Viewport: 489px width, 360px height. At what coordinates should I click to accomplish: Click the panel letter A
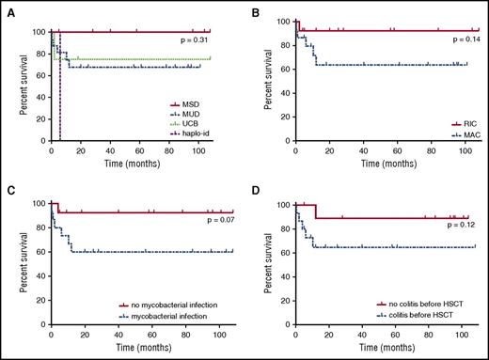[x=8, y=8]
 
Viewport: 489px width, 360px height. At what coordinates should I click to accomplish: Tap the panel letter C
[x=8, y=185]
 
